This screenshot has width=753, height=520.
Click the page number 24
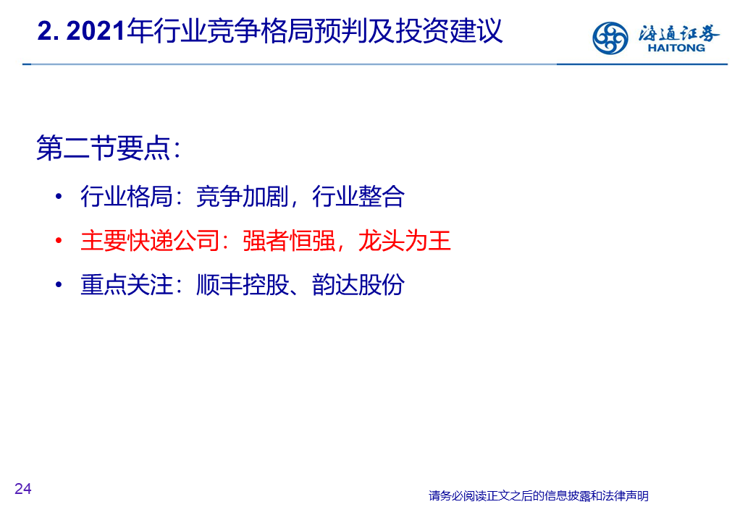pyautogui.click(x=23, y=489)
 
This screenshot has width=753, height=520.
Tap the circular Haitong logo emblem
pyautogui.click(x=610, y=38)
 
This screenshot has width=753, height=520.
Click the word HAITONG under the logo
pyautogui.click(x=676, y=48)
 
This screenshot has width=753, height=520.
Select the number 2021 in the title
pyautogui.click(x=96, y=31)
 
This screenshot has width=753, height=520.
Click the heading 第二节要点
pyautogui.click(x=104, y=148)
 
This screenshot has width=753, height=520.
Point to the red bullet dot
pyautogui.click(x=59, y=240)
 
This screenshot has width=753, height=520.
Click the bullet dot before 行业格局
pyautogui.click(x=59, y=196)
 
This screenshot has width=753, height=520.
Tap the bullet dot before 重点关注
pyautogui.click(x=59, y=284)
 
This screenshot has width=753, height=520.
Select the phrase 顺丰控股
pyautogui.click(x=243, y=284)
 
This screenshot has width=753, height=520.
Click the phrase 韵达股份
pyautogui.click(x=358, y=284)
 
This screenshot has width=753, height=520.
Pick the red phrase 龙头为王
pyautogui.click(x=404, y=240)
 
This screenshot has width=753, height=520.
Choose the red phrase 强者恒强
pyautogui.click(x=289, y=240)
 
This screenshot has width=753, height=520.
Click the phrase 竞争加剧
pyautogui.click(x=243, y=196)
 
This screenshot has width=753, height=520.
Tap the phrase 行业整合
pyautogui.click(x=358, y=196)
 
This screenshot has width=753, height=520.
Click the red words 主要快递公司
pyautogui.click(x=150, y=240)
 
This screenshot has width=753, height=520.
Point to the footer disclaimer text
pyautogui.click(x=539, y=495)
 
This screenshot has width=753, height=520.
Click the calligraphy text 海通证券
pyautogui.click(x=678, y=33)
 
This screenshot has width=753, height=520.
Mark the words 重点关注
pyautogui.click(x=127, y=284)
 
